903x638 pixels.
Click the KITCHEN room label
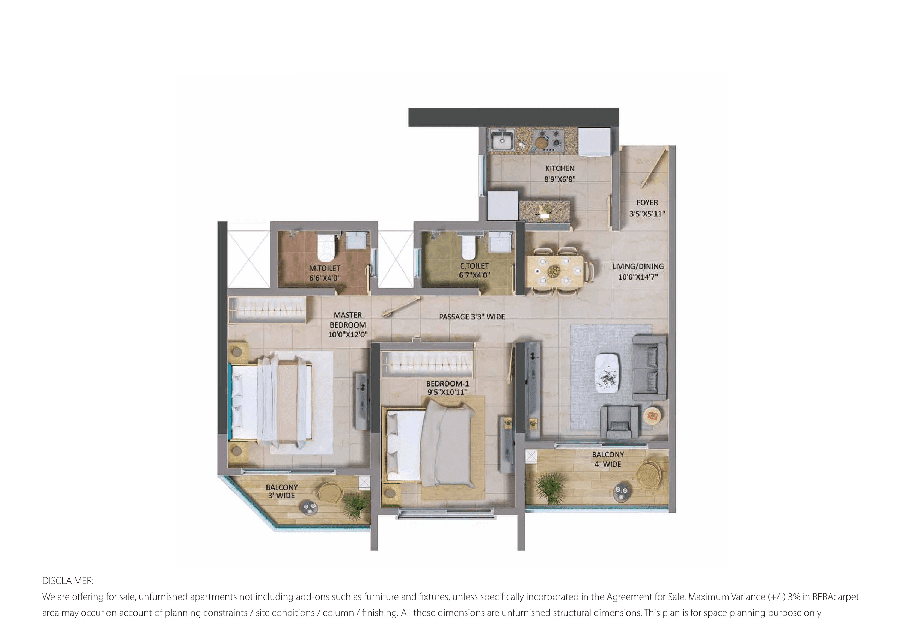click(x=559, y=168)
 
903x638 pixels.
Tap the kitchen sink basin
click(x=502, y=140)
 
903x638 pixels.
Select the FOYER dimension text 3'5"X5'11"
click(x=647, y=214)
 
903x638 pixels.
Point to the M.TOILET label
click(x=325, y=268)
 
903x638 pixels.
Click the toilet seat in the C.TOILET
click(x=468, y=247)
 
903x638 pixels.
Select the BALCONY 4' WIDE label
click(x=608, y=459)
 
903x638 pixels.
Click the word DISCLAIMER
click(x=68, y=581)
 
